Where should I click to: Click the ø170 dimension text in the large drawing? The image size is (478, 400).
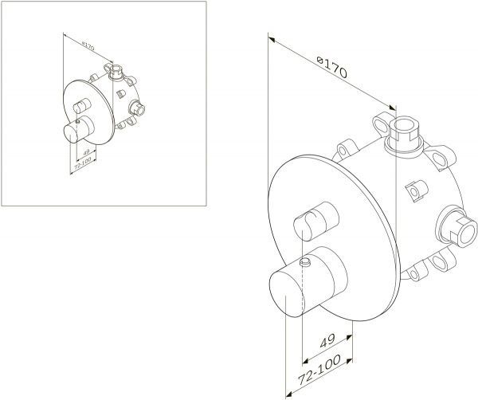331,67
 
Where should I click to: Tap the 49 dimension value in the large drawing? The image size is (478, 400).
327,341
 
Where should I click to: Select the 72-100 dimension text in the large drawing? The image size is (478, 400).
319,370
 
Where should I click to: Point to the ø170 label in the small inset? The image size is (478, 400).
88,47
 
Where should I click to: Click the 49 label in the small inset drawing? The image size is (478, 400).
86,151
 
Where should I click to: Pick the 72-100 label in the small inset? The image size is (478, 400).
83,163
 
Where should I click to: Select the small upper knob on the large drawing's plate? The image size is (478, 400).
316,222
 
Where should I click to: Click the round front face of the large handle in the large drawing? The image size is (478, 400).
287,295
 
